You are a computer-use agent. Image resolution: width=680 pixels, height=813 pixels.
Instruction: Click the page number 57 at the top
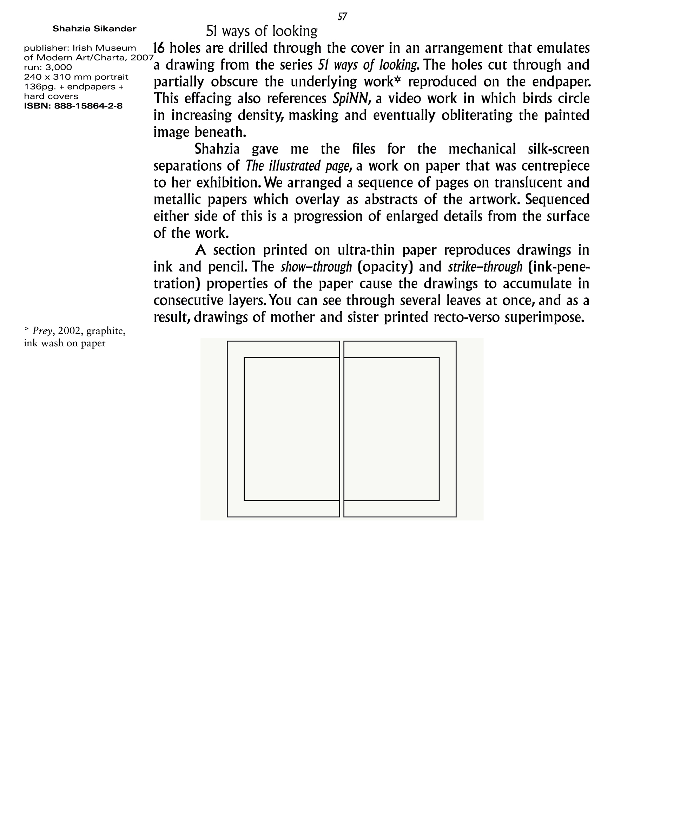(x=342, y=17)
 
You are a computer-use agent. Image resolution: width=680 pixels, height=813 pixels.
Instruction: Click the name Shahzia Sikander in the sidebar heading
(x=94, y=29)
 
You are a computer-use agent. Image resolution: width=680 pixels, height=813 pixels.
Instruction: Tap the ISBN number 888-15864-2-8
(x=88, y=106)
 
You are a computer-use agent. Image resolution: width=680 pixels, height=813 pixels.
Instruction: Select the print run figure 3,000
(x=58, y=67)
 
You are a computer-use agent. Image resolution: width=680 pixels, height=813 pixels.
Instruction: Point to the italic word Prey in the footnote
(x=42, y=331)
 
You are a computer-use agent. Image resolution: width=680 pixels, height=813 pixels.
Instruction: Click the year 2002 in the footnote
(x=69, y=331)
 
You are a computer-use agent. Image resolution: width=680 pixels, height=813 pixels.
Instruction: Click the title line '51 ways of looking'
(x=262, y=31)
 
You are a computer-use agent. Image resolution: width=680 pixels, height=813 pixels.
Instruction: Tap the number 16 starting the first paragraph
(x=159, y=48)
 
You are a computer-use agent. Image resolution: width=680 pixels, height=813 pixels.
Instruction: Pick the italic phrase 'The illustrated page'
(x=298, y=166)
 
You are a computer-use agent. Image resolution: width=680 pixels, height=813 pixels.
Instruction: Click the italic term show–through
(x=316, y=267)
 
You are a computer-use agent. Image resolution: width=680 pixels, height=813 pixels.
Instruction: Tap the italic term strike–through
(x=485, y=267)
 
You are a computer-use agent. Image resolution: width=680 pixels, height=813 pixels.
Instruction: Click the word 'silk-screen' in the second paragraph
(x=559, y=149)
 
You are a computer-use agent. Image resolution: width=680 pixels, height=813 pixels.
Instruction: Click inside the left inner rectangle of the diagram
(x=291, y=428)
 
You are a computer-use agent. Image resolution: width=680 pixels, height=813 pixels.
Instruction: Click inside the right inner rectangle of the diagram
(x=391, y=428)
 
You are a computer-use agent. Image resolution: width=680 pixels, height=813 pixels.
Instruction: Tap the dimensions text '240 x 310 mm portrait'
(x=76, y=77)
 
